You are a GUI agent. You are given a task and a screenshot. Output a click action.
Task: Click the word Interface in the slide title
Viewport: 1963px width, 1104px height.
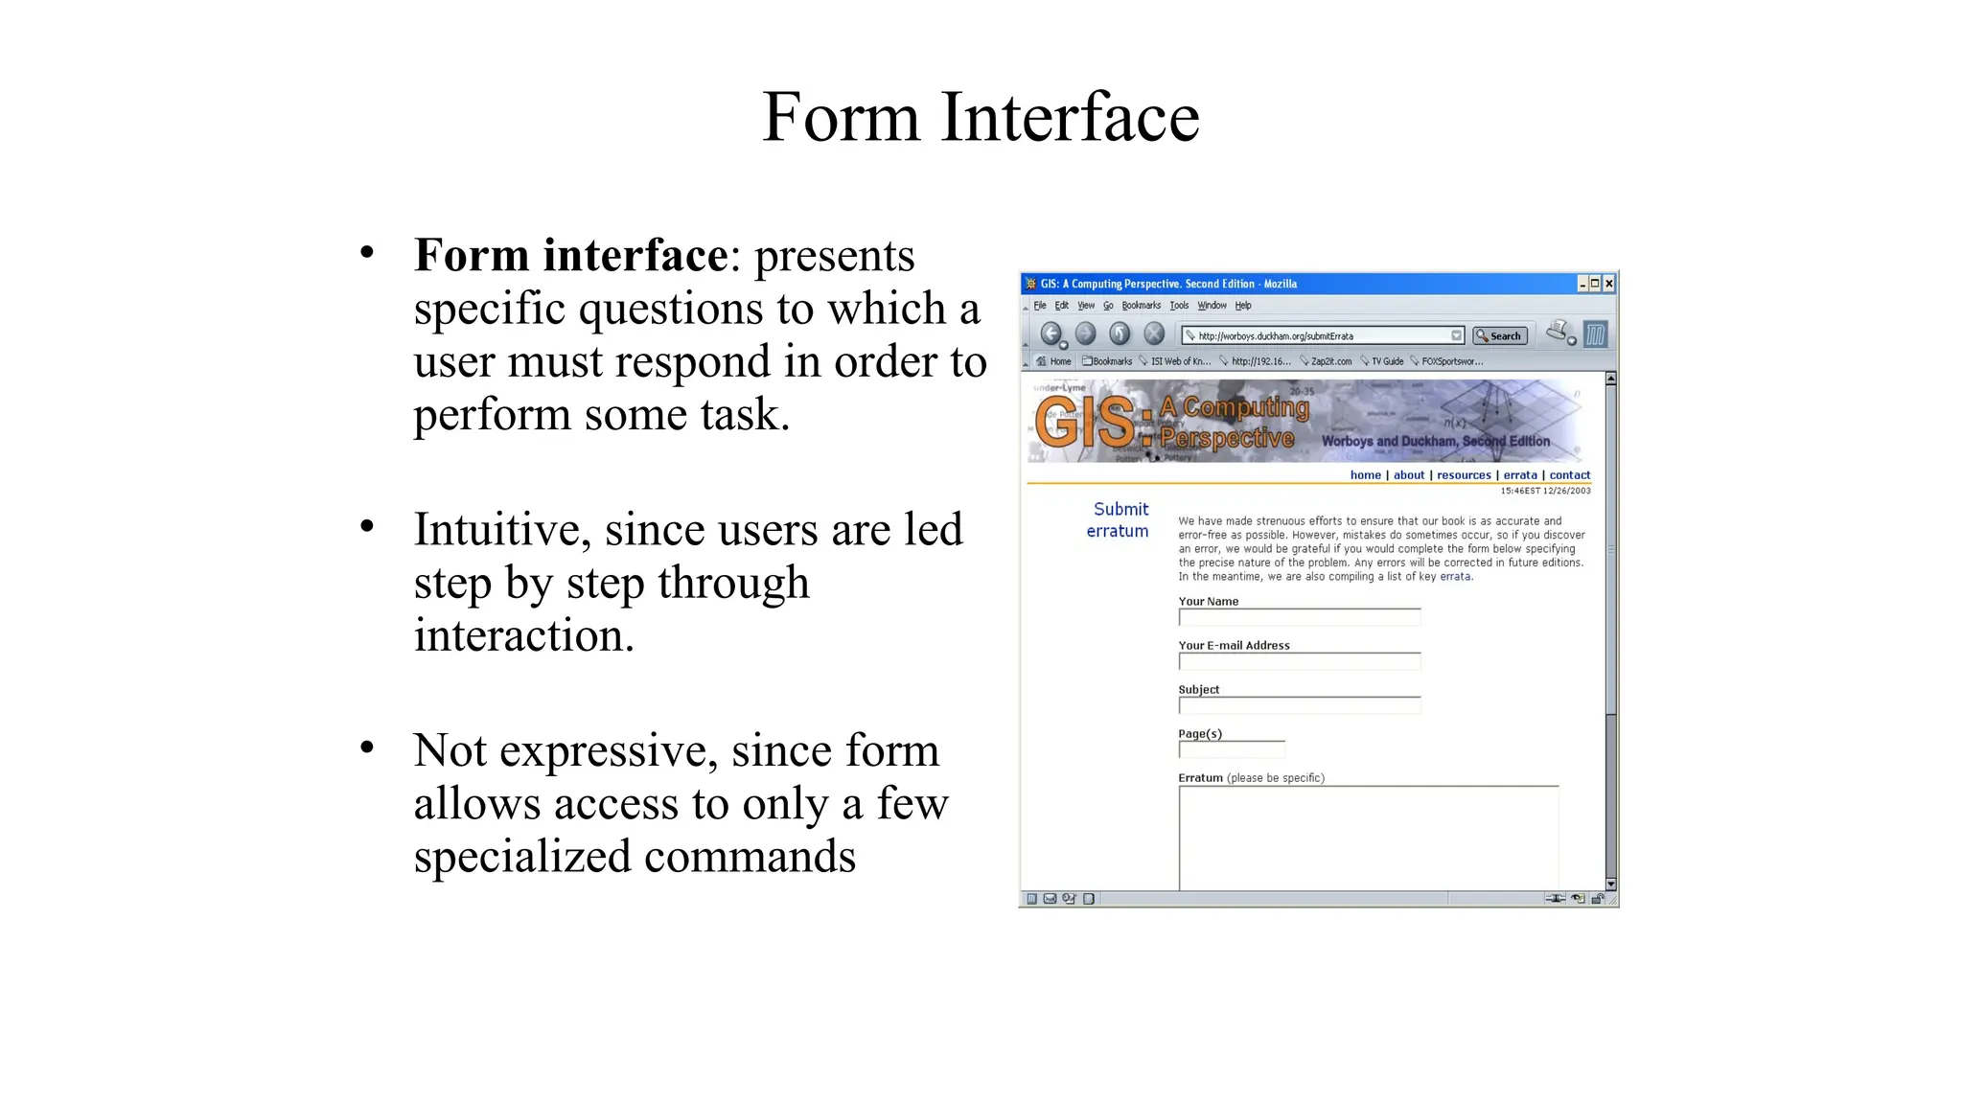[1070, 117]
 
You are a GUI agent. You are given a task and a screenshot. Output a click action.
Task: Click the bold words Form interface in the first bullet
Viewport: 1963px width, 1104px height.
[570, 255]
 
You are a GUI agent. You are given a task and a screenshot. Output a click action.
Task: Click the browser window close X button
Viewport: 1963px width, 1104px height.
[1609, 284]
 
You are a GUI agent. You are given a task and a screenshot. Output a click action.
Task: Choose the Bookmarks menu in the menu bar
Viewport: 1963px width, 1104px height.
[1141, 306]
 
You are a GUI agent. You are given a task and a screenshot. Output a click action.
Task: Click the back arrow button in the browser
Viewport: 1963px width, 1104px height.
[1051, 333]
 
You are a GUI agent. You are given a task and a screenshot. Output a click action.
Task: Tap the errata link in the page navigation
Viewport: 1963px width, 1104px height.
[1519, 475]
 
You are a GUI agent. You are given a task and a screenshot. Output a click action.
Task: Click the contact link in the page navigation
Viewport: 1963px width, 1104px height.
[1569, 475]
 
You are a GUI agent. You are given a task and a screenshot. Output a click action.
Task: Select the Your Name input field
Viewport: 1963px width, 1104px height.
[1299, 617]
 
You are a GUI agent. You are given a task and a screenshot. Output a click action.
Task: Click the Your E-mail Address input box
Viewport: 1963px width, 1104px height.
[1299, 661]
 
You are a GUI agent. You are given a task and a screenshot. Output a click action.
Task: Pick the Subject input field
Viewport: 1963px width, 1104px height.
[1299, 705]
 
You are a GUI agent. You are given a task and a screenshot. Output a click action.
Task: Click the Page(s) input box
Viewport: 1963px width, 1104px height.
[1232, 749]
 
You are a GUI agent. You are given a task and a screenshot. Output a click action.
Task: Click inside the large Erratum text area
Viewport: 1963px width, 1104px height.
[1368, 838]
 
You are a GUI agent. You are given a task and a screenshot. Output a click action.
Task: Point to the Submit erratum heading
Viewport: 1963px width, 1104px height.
[1119, 519]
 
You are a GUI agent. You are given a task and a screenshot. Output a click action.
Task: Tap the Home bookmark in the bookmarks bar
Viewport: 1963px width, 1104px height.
[1055, 361]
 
